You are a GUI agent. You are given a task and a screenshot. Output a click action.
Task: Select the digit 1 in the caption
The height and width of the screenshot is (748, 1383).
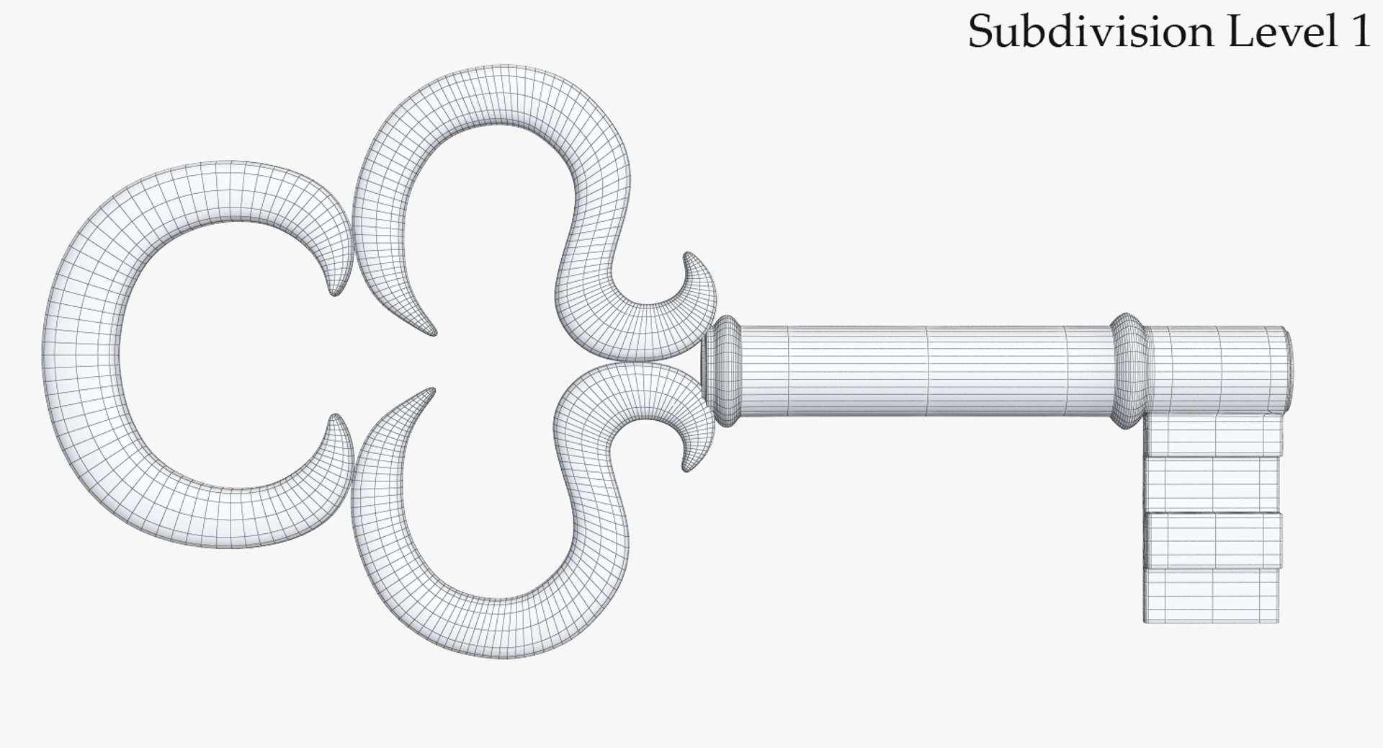point(1359,32)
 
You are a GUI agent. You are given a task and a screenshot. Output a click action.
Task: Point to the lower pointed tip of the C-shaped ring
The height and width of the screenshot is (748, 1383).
point(335,418)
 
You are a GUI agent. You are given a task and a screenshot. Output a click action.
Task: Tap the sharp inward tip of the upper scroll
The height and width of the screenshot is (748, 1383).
point(432,333)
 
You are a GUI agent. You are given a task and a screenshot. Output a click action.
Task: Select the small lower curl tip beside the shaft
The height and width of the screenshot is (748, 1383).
point(689,468)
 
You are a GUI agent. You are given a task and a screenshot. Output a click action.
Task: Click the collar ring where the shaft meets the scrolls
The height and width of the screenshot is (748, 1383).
point(725,369)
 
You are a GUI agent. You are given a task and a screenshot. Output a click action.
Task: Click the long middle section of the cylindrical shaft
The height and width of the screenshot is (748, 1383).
point(929,371)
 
